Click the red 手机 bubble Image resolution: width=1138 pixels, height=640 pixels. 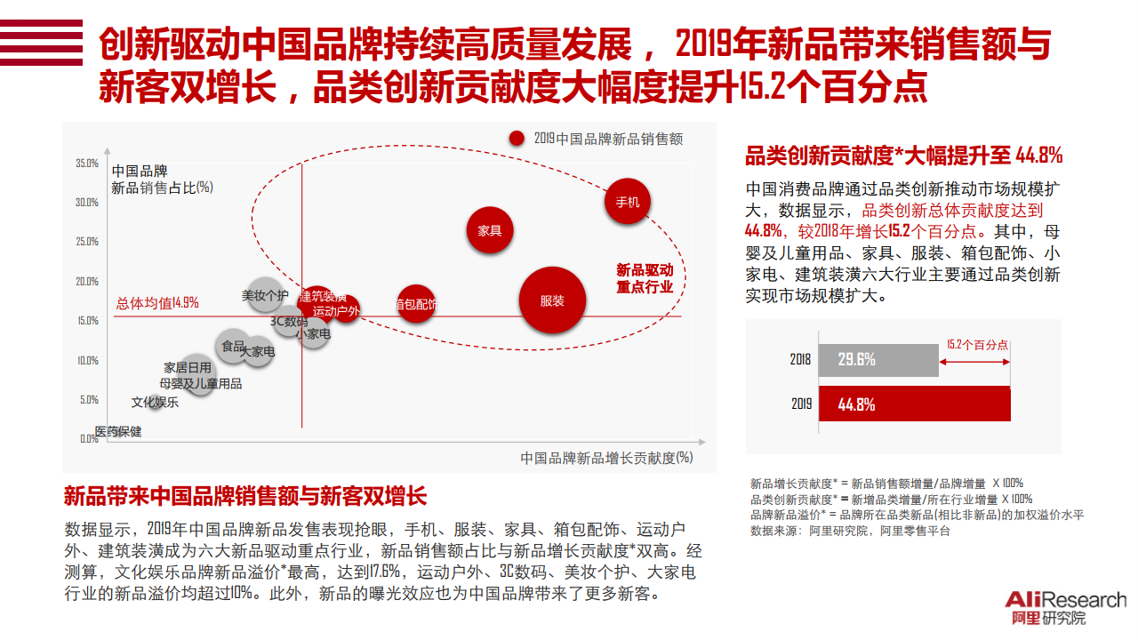(628, 201)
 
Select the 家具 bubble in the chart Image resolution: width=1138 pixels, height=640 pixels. (490, 230)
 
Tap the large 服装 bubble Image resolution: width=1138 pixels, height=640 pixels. (552, 300)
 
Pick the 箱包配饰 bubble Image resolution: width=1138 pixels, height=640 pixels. (415, 305)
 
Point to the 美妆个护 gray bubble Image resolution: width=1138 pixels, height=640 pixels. (265, 294)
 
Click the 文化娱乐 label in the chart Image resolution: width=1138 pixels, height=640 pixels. (155, 402)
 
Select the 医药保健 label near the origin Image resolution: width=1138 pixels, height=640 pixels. (118, 432)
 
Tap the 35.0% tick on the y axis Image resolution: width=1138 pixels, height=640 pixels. (87, 164)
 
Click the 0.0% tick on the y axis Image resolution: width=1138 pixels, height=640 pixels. (89, 438)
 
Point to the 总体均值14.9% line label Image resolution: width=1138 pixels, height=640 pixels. (157, 303)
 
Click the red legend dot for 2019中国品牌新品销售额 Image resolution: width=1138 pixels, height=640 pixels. (517, 139)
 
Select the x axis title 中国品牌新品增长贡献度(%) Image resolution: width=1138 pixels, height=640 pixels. (606, 458)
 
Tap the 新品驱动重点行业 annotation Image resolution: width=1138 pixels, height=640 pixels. (645, 278)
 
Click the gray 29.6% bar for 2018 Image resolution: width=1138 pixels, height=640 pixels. (878, 359)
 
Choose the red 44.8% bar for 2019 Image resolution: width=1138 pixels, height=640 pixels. (914, 404)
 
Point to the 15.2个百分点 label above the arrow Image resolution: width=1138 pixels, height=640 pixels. (977, 345)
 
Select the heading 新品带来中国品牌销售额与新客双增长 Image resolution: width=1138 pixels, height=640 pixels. (245, 496)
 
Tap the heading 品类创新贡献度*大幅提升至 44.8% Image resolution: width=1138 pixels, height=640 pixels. (903, 156)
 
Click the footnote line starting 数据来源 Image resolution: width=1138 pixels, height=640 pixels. (850, 531)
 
